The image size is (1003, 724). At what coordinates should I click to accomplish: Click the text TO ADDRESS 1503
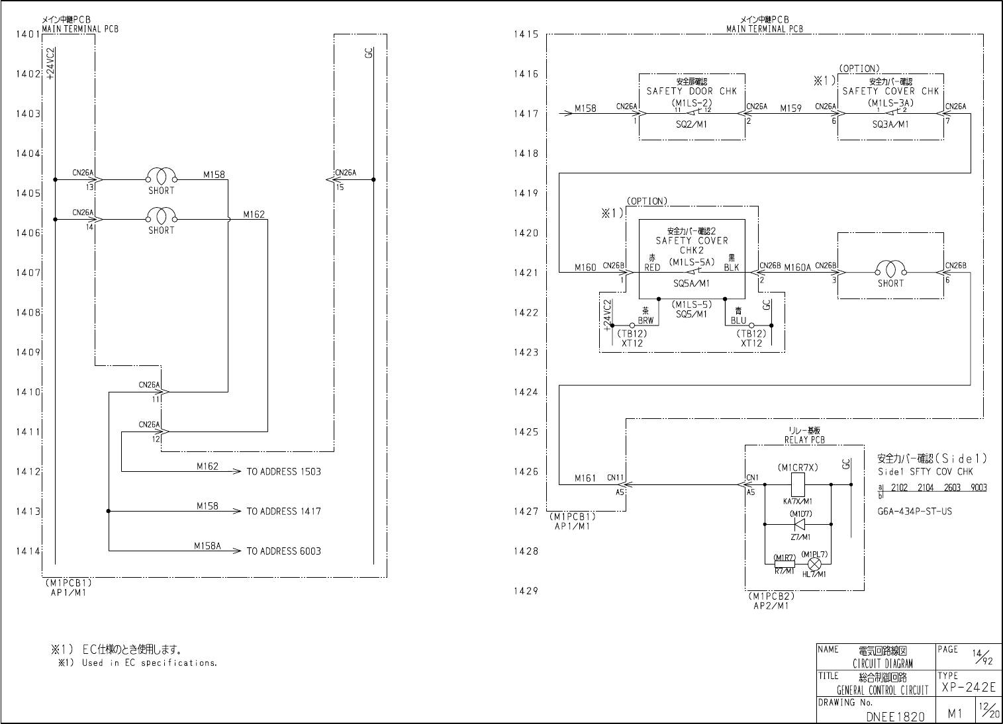pyautogui.click(x=283, y=472)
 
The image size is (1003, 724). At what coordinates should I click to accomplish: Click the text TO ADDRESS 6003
pyautogui.click(x=283, y=551)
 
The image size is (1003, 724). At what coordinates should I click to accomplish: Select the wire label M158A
pyautogui.click(x=207, y=547)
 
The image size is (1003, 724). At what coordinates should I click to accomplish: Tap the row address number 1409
pyautogui.click(x=28, y=352)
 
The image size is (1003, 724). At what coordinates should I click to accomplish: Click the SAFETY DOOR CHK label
pyautogui.click(x=691, y=91)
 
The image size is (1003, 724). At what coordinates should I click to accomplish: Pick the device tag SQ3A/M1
pyautogui.click(x=890, y=124)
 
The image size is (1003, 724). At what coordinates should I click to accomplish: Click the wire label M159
pyautogui.click(x=790, y=108)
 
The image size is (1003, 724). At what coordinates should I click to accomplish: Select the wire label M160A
pyautogui.click(x=797, y=267)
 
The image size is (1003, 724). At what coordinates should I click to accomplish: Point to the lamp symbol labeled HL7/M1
pyautogui.click(x=816, y=564)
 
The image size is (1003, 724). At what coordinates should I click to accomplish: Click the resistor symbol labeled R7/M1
pyautogui.click(x=785, y=564)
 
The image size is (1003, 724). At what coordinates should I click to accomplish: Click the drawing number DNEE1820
pyautogui.click(x=894, y=716)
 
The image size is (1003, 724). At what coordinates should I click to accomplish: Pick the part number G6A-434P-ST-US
pyautogui.click(x=915, y=512)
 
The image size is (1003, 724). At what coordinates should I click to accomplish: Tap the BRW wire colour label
pyautogui.click(x=645, y=321)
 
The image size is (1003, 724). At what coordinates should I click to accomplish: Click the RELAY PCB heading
pyautogui.click(x=804, y=440)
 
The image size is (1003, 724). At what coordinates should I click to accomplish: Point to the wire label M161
pyautogui.click(x=585, y=478)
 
